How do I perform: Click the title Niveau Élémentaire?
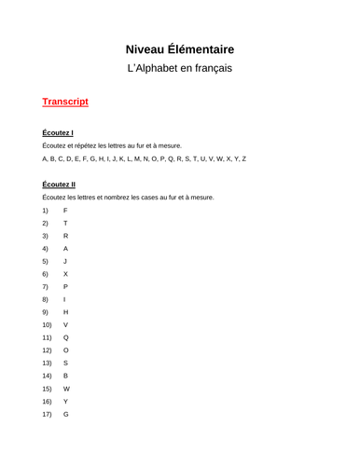click(179, 48)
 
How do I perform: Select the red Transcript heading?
click(65, 102)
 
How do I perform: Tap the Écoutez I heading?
click(58, 133)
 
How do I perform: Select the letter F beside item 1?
click(65, 212)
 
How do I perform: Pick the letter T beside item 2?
click(65, 224)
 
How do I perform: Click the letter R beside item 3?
click(65, 237)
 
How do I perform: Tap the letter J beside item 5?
click(65, 262)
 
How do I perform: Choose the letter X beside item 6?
click(65, 274)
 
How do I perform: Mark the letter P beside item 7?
click(65, 287)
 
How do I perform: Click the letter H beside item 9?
click(65, 312)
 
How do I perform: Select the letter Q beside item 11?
click(65, 337)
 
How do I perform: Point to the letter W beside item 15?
click(66, 388)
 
